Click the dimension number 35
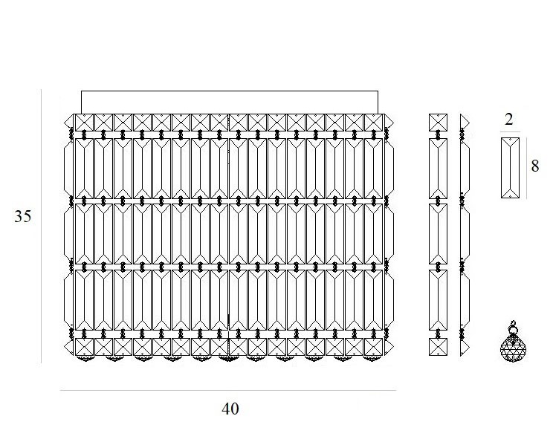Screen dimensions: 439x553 point(22,217)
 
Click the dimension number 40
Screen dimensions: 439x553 point(230,409)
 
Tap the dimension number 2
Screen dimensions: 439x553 point(509,119)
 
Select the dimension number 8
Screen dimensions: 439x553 point(535,166)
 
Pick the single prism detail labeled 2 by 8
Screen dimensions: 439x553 point(511,167)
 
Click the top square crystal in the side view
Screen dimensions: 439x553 point(439,123)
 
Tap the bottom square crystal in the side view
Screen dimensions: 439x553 point(439,347)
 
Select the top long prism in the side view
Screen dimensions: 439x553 point(439,169)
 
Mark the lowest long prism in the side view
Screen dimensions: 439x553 point(439,299)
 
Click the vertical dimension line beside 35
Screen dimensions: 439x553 point(42,223)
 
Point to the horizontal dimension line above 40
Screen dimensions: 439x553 point(227,390)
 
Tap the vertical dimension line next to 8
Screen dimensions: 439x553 point(526,167)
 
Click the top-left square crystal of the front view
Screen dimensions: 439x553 point(84,123)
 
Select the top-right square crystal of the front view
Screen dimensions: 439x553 point(373,123)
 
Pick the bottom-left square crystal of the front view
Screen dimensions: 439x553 point(84,347)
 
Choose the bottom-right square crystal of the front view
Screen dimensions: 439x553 point(373,347)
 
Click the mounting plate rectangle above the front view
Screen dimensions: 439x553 point(229,102)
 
